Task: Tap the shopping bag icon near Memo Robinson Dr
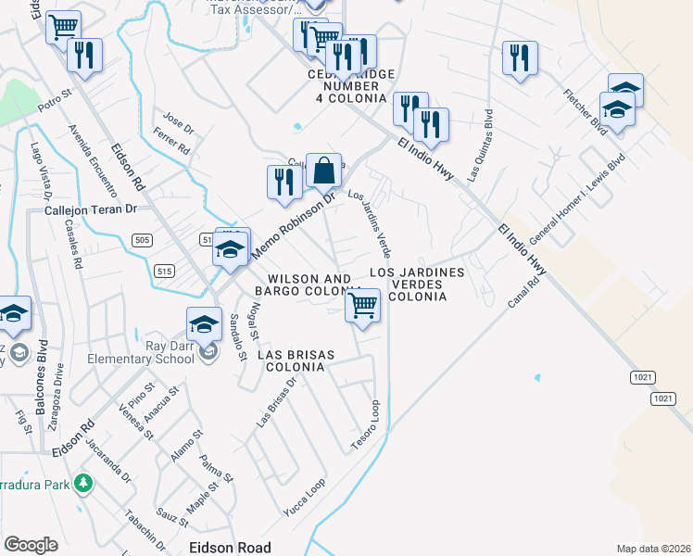[323, 171]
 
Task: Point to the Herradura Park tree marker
[83, 483]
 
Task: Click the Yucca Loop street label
[305, 498]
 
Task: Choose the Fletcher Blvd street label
[585, 112]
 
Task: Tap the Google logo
[31, 545]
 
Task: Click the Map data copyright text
[654, 549]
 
